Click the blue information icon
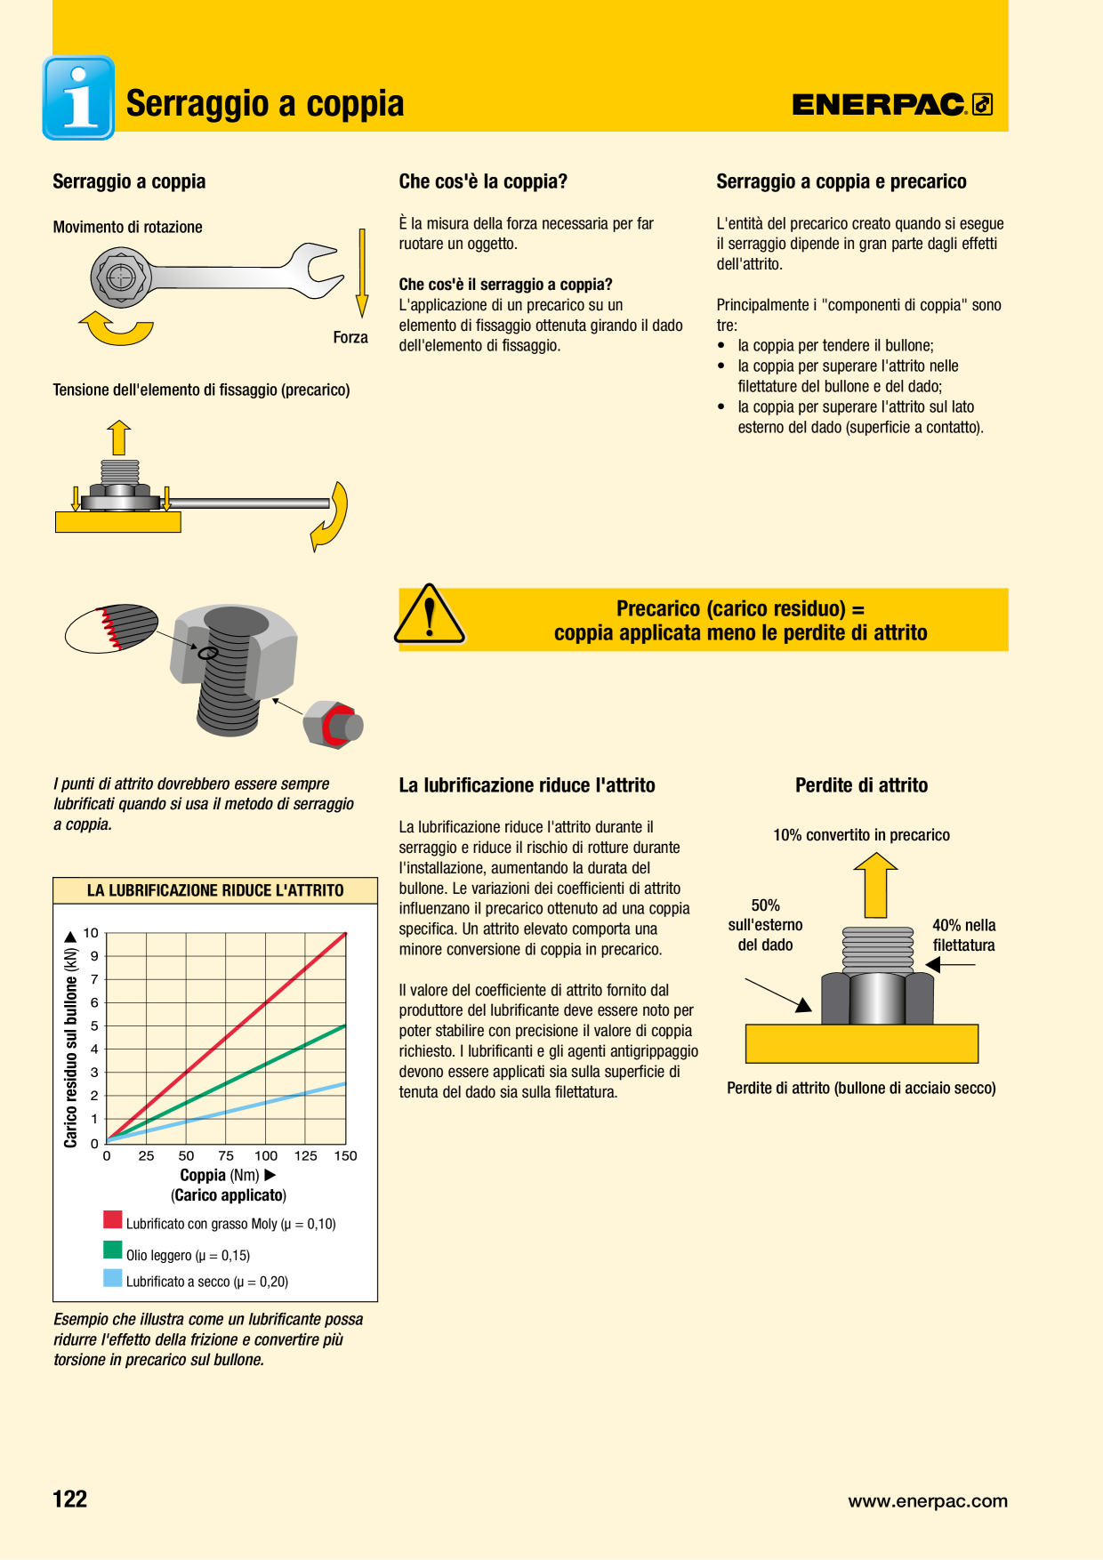[x=78, y=98]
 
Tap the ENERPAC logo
[x=892, y=105]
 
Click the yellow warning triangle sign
[x=430, y=615]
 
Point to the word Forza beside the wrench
[x=350, y=337]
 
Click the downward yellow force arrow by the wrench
[x=362, y=272]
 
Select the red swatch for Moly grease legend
[x=113, y=1219]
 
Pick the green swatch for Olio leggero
[x=113, y=1250]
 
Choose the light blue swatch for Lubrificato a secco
[x=113, y=1278]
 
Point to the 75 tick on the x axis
[x=226, y=1155]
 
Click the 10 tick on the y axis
[x=91, y=933]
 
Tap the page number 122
[x=70, y=1499]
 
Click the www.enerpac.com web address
[x=928, y=1501]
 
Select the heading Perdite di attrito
[x=861, y=785]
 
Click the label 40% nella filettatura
[x=963, y=935]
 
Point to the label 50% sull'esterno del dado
[x=765, y=925]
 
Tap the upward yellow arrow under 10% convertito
[x=876, y=885]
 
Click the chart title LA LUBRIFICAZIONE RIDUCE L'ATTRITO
[x=215, y=890]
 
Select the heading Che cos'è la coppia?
[x=483, y=181]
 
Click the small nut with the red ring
[x=333, y=724]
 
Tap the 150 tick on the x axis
[x=345, y=1155]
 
